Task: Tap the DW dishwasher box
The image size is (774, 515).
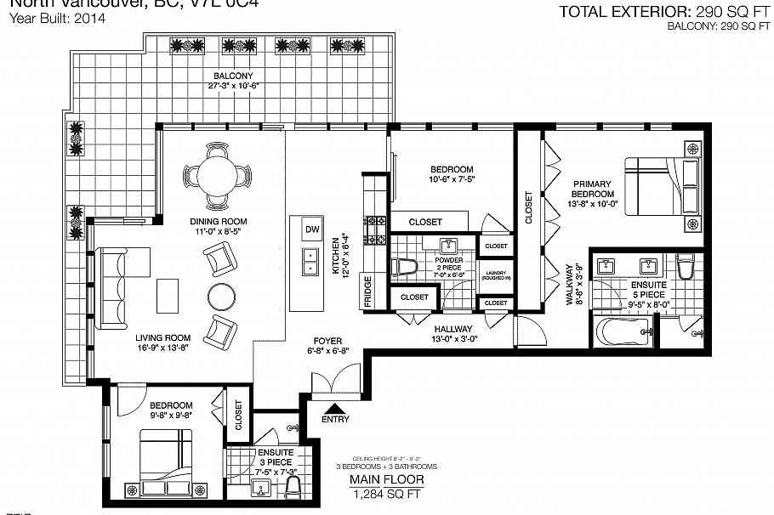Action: pyautogui.click(x=311, y=229)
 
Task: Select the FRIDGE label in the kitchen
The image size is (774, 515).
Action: pyautogui.click(x=367, y=290)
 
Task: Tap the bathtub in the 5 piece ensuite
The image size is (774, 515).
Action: pyautogui.click(x=620, y=333)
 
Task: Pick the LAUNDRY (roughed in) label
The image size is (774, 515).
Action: pyautogui.click(x=495, y=274)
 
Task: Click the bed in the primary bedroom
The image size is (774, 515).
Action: pyautogui.click(x=663, y=193)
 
